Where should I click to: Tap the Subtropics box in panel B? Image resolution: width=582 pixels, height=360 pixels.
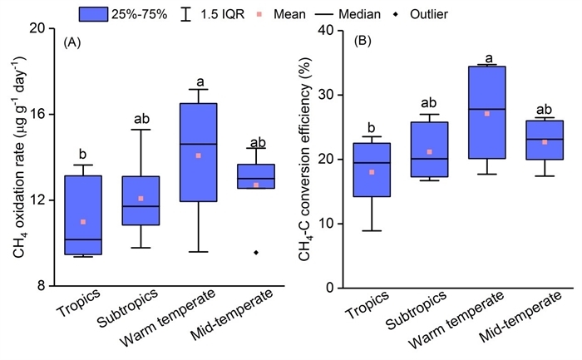pyautogui.click(x=429, y=150)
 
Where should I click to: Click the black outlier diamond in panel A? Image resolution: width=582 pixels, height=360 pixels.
pyautogui.click(x=256, y=252)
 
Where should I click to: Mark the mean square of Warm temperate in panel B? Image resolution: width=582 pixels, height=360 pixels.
pyautogui.click(x=486, y=113)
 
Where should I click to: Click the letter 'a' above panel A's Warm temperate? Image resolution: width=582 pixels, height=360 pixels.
pyautogui.click(x=200, y=81)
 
